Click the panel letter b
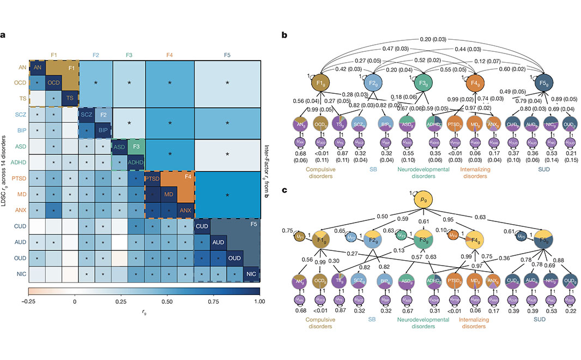pos(284,34)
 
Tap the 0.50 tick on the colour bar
pos(166,300)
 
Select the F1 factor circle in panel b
pos(320,86)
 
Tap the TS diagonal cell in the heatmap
pos(70,98)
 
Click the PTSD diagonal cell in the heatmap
pos(152,178)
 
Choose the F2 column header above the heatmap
pos(95,55)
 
